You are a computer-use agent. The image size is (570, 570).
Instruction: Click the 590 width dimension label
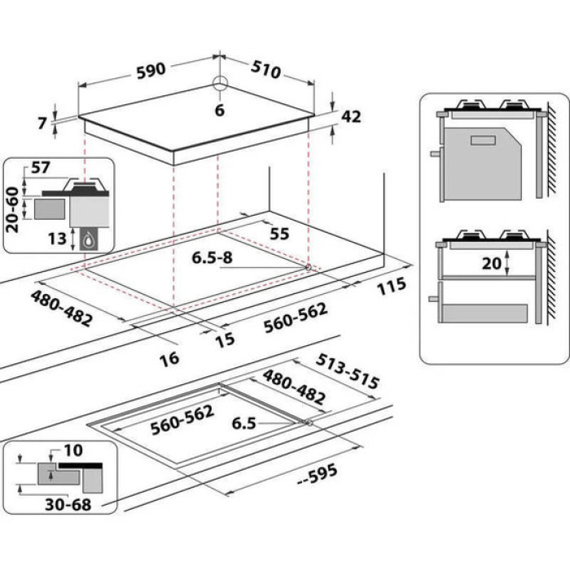(151, 70)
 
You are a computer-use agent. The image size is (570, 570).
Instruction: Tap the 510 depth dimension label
(266, 70)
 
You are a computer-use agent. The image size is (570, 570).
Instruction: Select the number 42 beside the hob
(351, 116)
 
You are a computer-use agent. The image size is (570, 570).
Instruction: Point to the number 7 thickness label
(42, 123)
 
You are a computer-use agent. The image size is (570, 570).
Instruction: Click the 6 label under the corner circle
(220, 110)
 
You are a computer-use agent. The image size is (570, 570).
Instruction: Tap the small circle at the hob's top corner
(220, 82)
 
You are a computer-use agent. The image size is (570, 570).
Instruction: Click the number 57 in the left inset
(41, 168)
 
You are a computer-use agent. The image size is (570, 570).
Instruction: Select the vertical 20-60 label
(13, 209)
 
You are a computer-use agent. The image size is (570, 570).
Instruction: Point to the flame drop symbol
(88, 240)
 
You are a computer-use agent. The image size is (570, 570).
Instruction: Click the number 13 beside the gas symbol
(57, 239)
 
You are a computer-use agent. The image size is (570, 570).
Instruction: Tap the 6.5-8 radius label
(212, 258)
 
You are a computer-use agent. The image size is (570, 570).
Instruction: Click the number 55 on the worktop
(279, 235)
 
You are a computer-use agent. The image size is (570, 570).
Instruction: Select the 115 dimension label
(391, 286)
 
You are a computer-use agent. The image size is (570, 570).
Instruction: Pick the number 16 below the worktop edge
(169, 359)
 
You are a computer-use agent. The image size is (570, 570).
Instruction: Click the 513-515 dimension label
(348, 370)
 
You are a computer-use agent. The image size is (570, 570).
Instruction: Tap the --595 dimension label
(318, 475)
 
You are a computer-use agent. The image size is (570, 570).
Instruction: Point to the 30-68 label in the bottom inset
(68, 505)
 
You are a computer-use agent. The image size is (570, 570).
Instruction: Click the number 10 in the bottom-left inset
(73, 450)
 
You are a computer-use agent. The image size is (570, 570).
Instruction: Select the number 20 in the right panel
(492, 263)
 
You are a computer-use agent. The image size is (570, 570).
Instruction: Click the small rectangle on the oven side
(483, 141)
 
